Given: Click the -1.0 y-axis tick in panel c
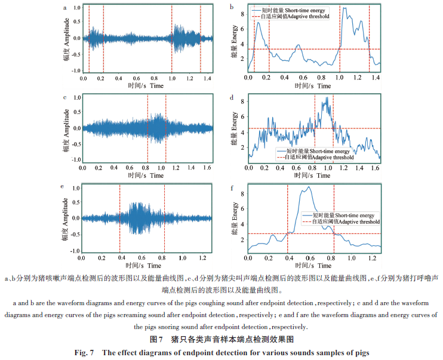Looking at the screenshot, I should pos(75,160).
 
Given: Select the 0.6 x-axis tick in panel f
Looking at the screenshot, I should pos(309,259).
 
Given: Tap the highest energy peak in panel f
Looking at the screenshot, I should pos(307,187).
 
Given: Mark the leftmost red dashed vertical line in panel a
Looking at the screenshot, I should pos(89,39).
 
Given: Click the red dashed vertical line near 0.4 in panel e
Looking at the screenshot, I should pos(119,218).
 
